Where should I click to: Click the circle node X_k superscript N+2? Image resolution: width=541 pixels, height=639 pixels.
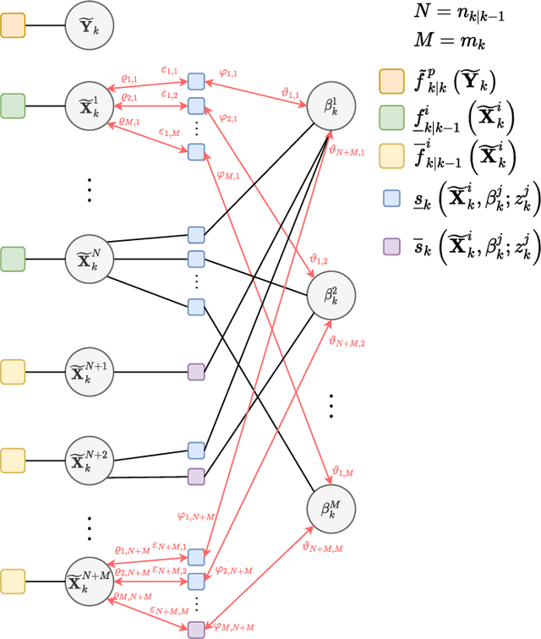[x=90, y=461]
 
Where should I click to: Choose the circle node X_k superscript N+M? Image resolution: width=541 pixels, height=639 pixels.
[x=90, y=580]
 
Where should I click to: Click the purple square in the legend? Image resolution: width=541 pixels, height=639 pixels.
[x=391, y=247]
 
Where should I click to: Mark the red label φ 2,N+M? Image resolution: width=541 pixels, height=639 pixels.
[x=234, y=570]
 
